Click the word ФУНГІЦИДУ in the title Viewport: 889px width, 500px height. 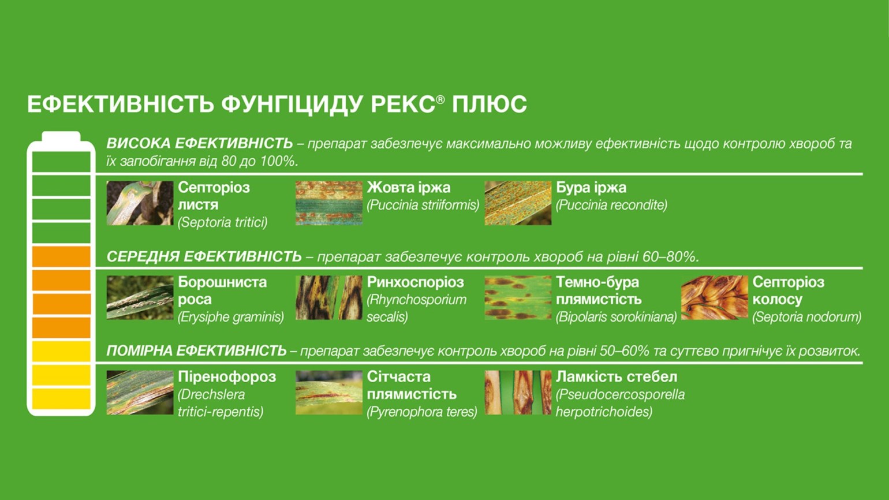coord(292,105)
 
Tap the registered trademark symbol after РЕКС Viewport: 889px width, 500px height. coord(440,100)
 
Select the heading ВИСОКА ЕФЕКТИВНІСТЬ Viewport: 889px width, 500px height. coord(200,143)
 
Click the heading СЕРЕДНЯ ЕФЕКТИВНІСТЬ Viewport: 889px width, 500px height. coord(204,257)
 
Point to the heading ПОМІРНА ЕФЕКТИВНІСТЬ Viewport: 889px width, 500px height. coord(196,351)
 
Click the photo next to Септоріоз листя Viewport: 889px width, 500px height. coord(140,203)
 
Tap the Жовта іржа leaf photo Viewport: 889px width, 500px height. coord(329,203)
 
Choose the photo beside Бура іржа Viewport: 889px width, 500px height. coord(518,203)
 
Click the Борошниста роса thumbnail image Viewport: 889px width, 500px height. coord(140,297)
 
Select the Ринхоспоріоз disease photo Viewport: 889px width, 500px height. coord(329,297)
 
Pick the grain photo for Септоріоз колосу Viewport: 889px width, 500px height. coord(715,297)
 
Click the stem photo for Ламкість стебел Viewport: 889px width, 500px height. coord(518,393)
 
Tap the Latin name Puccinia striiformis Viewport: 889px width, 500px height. coord(423,205)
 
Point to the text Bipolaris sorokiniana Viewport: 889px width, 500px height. coord(617,317)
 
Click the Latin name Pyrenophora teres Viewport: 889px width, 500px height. coord(422,412)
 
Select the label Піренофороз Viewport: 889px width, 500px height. coord(227,376)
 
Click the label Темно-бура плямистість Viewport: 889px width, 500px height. coord(599,290)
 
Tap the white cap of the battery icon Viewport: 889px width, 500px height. coord(61,136)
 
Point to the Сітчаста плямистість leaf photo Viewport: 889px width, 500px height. coord(329,393)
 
